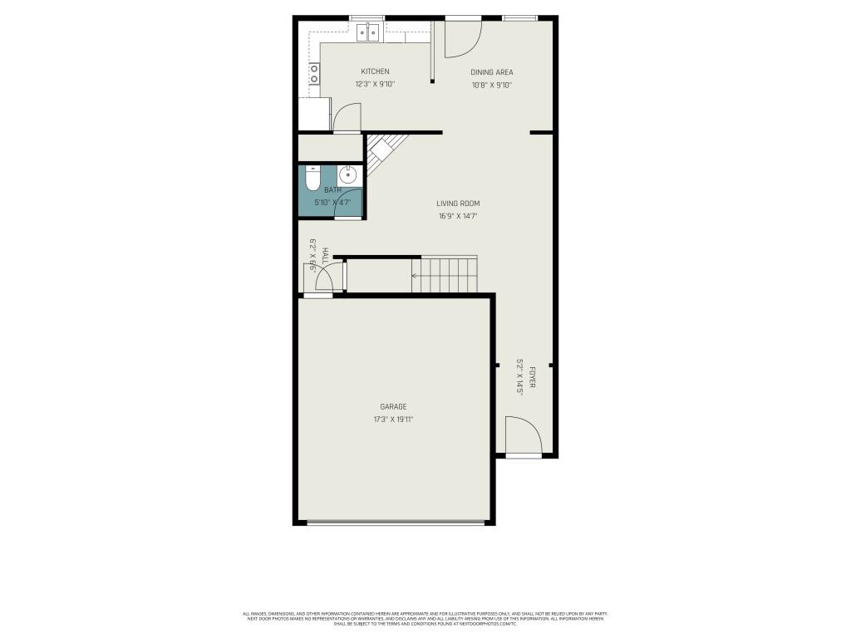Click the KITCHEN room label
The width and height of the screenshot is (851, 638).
coord(374,71)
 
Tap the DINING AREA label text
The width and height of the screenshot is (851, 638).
coord(492,72)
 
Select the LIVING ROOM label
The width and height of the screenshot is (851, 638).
coord(458,204)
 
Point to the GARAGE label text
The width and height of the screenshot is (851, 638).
coord(393,407)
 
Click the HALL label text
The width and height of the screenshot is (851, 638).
coord(325,255)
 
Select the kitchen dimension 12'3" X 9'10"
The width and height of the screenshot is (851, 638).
coord(374,84)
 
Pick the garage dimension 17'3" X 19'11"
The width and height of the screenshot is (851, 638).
coord(393,420)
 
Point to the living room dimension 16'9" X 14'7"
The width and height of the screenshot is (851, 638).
coord(458,216)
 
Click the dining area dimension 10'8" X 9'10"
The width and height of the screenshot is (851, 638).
coord(492,85)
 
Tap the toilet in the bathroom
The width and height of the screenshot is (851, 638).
coord(312,179)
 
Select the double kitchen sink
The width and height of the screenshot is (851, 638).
coord(368,32)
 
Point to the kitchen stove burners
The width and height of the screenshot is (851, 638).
coord(314,75)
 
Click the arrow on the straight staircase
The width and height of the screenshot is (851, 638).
coord(415,275)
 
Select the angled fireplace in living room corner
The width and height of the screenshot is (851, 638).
coord(382,151)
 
